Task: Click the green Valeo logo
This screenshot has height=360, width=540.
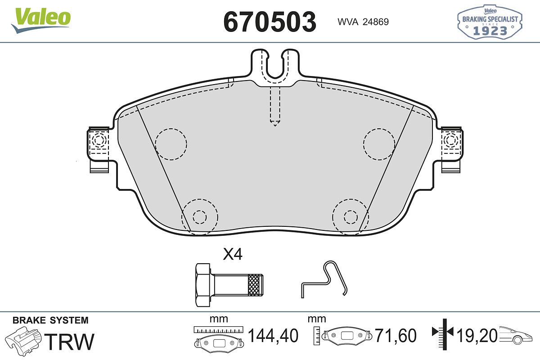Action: [41, 21]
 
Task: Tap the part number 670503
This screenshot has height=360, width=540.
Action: [270, 22]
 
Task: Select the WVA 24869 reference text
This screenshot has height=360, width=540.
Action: [363, 22]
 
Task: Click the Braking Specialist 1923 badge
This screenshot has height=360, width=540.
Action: [490, 22]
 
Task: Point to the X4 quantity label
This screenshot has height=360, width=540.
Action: [233, 254]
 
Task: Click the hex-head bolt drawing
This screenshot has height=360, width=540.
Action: [229, 285]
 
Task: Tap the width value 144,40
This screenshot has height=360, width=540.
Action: [273, 336]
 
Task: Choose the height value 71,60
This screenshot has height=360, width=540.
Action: [396, 336]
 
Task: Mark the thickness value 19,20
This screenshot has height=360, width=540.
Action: [477, 336]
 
